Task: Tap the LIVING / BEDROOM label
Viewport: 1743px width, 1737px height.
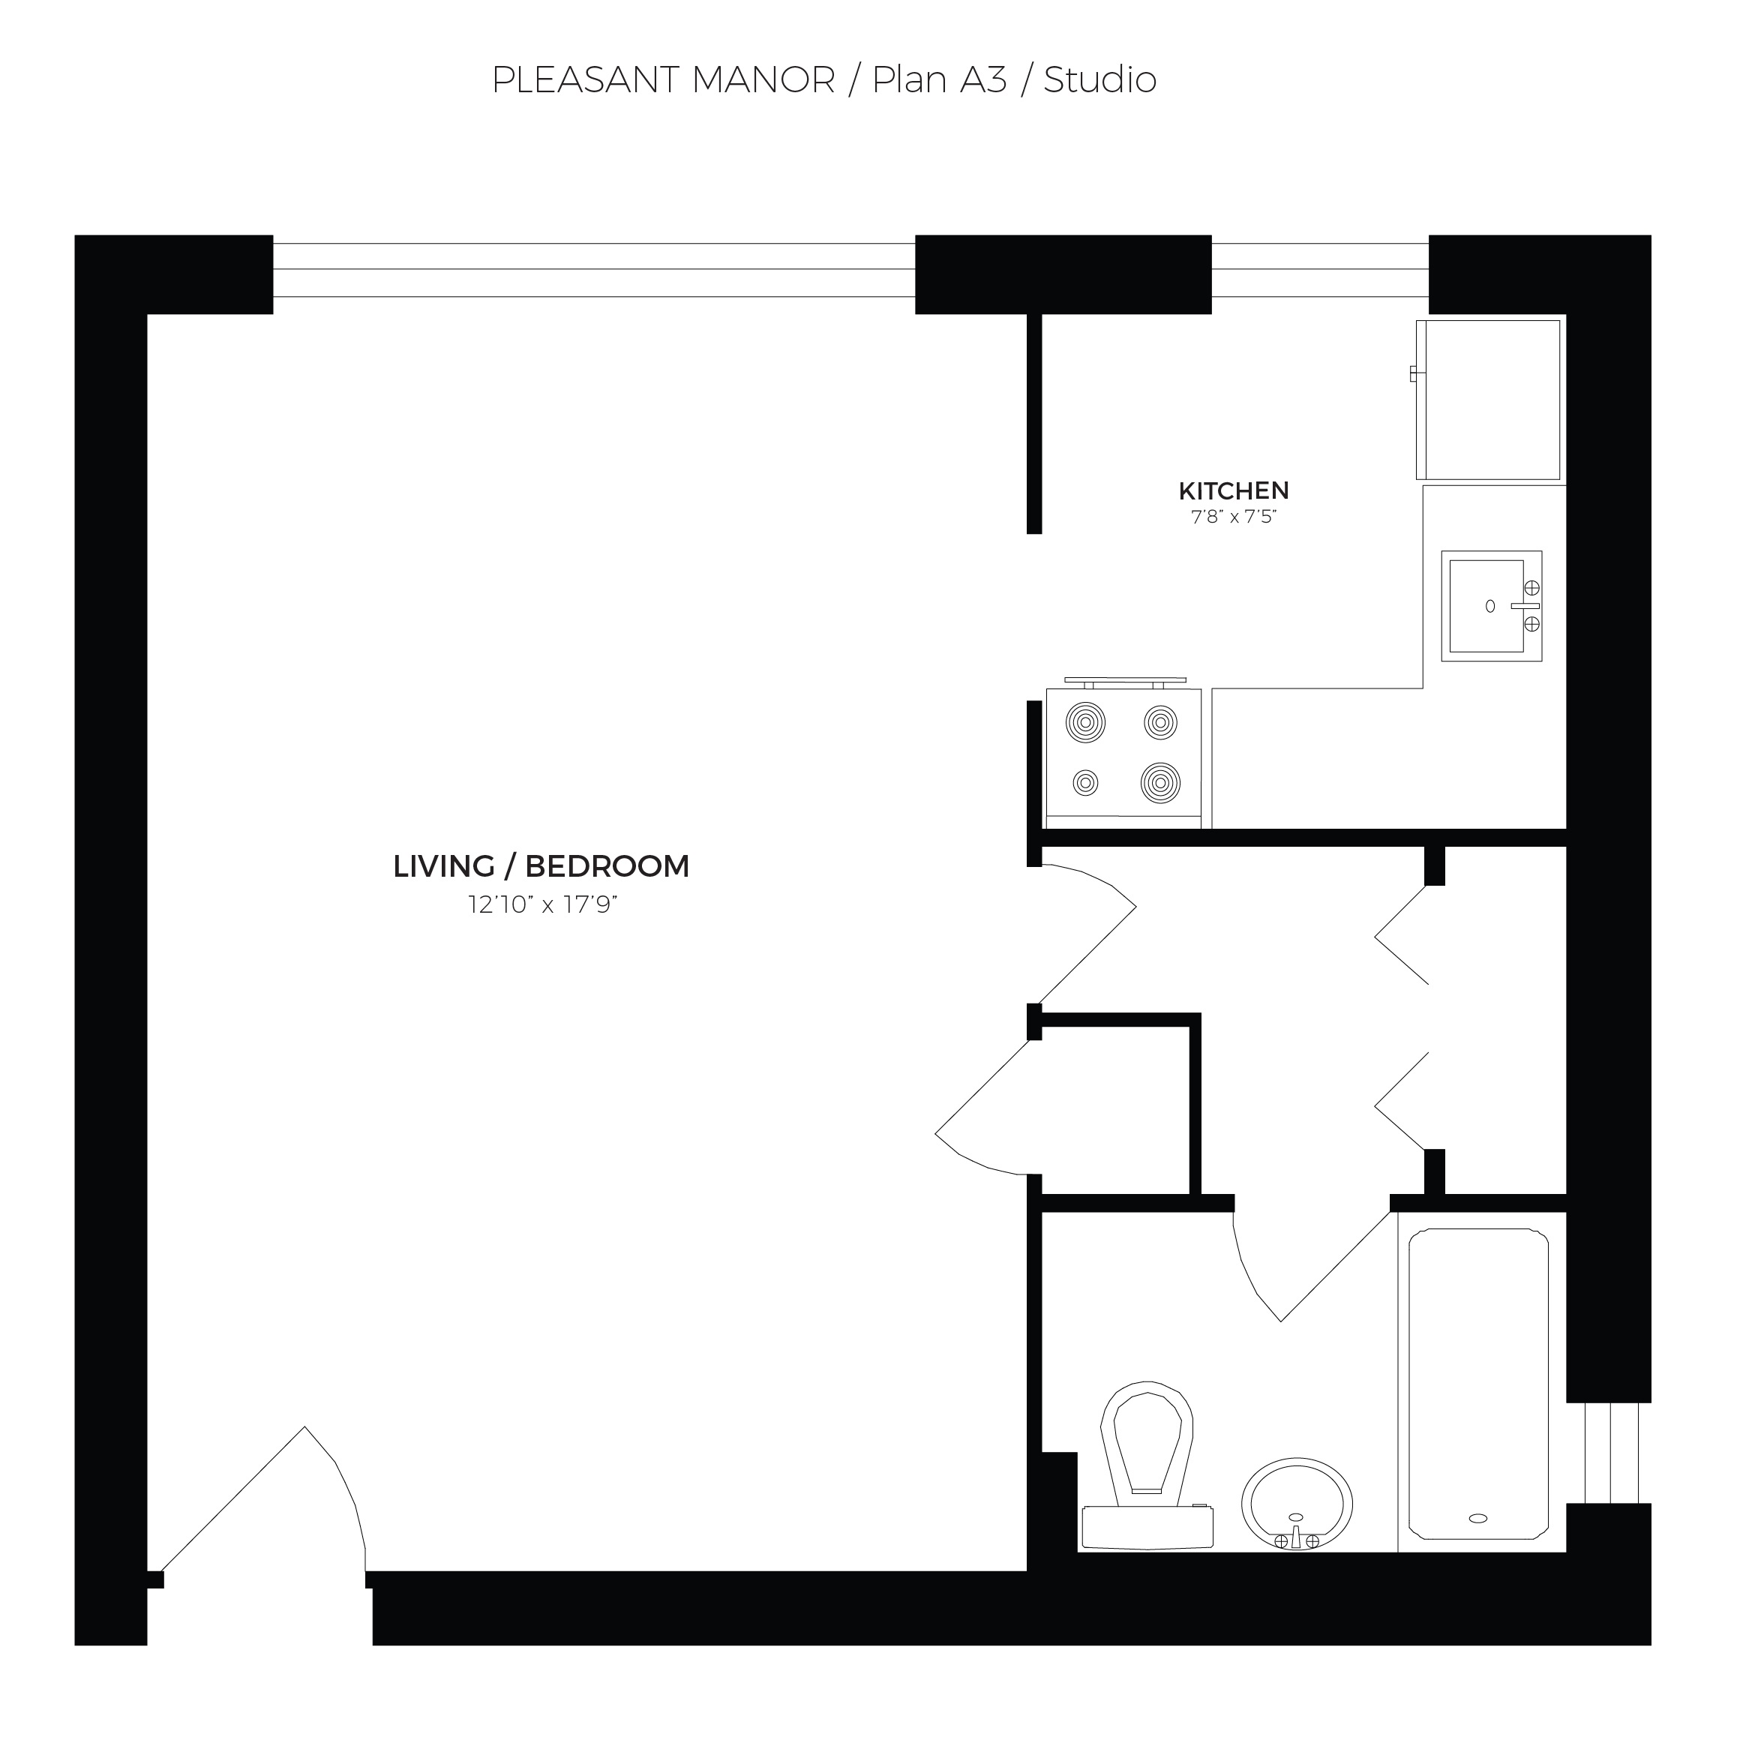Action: coord(541,866)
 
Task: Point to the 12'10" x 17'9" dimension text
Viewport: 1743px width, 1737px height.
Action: coord(542,904)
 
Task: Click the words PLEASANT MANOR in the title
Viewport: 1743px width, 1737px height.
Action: coord(663,80)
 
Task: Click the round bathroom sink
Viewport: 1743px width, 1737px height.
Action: coord(1297,1504)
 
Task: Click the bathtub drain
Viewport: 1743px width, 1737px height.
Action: coord(1477,1519)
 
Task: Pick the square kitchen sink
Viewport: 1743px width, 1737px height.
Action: coord(1490,606)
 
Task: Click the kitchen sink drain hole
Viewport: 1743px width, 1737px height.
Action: coord(1489,606)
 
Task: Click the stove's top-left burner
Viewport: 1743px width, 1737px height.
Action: coord(1085,721)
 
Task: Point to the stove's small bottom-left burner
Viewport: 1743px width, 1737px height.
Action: coord(1085,782)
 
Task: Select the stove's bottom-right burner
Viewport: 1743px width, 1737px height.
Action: coord(1160,782)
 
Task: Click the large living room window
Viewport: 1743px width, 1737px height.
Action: coord(594,270)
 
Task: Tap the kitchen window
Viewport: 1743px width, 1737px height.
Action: coord(1319,270)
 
